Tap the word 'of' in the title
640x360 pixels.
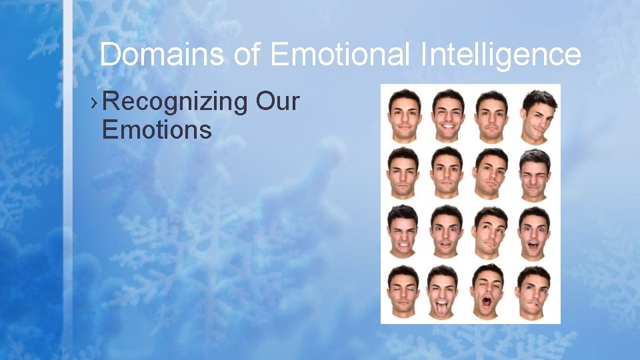coord(247,54)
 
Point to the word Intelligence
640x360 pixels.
coord(500,54)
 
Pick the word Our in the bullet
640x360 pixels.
coord(277,102)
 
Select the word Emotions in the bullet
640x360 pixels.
coord(157,129)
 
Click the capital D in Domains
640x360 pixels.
coord(109,54)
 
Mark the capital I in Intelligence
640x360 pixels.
coord(424,54)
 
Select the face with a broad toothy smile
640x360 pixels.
coord(447,115)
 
